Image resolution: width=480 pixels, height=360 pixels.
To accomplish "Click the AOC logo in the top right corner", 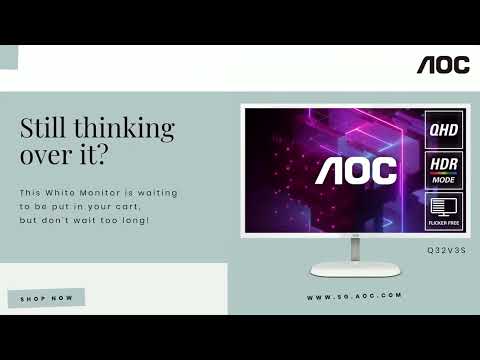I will (443, 65).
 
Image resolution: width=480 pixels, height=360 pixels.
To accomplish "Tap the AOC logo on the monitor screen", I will (356, 171).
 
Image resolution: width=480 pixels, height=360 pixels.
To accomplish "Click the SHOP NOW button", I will (46, 298).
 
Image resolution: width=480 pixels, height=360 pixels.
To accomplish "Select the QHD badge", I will (444, 130).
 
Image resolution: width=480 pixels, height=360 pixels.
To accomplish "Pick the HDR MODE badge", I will (444, 169).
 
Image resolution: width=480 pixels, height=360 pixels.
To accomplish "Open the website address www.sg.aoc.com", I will (354, 296).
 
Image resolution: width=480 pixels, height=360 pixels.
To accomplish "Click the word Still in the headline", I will (42, 128).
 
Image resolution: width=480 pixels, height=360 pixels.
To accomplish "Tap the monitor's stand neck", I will (355, 246).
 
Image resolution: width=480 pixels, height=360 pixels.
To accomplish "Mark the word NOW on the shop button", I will (62, 298).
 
